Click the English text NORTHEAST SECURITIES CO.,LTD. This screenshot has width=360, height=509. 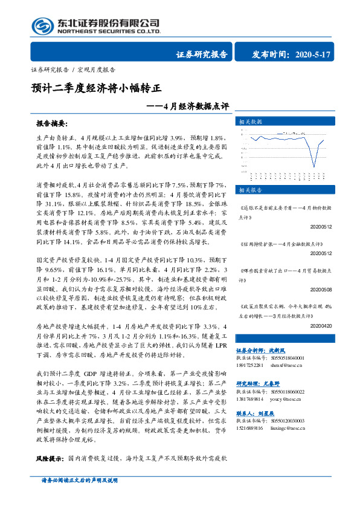coord(108,31)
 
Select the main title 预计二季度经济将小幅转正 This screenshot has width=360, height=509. coord(97,87)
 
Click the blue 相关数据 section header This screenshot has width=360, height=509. coord(249,121)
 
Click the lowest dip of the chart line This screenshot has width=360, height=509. coord(315,166)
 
